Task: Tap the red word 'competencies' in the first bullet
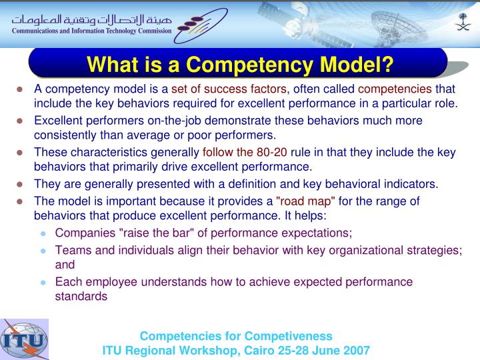coord(395,89)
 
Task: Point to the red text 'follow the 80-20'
coord(245,152)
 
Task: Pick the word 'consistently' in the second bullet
coord(65,135)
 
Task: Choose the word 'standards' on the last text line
coord(81,296)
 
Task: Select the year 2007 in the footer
coord(357,350)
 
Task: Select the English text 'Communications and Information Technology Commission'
coord(89,30)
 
